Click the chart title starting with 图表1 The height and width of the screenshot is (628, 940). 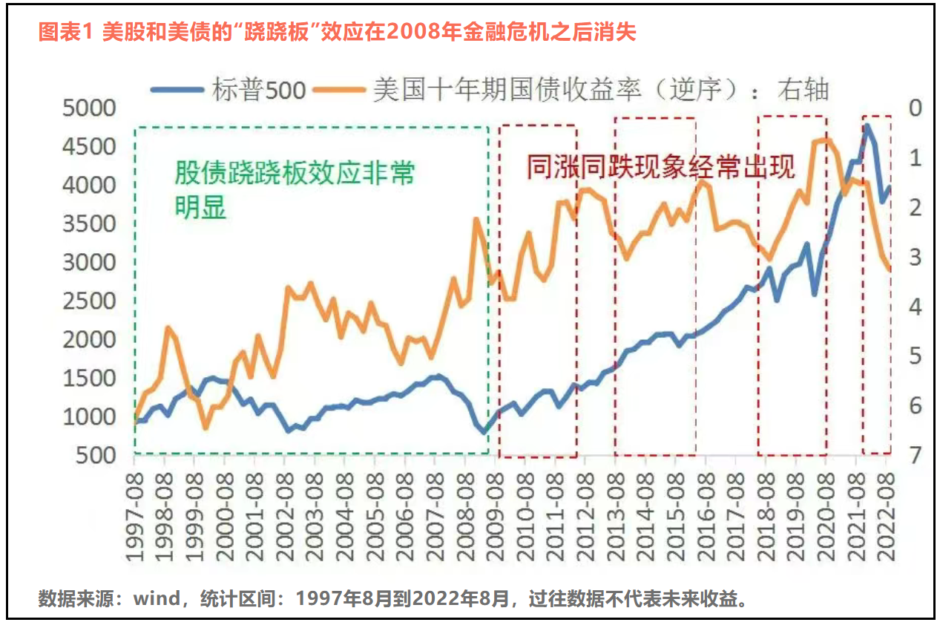point(337,32)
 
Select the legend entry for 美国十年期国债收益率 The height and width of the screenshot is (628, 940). point(571,90)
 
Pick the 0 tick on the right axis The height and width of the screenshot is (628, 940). point(914,108)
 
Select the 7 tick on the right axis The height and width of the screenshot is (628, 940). point(914,455)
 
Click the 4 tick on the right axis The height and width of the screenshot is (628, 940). point(914,307)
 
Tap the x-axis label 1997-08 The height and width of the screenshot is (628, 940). point(135,512)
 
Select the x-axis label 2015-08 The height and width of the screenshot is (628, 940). point(675,512)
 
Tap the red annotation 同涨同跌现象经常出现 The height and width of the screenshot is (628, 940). point(660,166)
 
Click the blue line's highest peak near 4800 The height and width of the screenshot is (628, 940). point(867,126)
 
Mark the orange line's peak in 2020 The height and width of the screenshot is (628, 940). point(826,139)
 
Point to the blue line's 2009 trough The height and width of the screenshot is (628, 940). point(484,431)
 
